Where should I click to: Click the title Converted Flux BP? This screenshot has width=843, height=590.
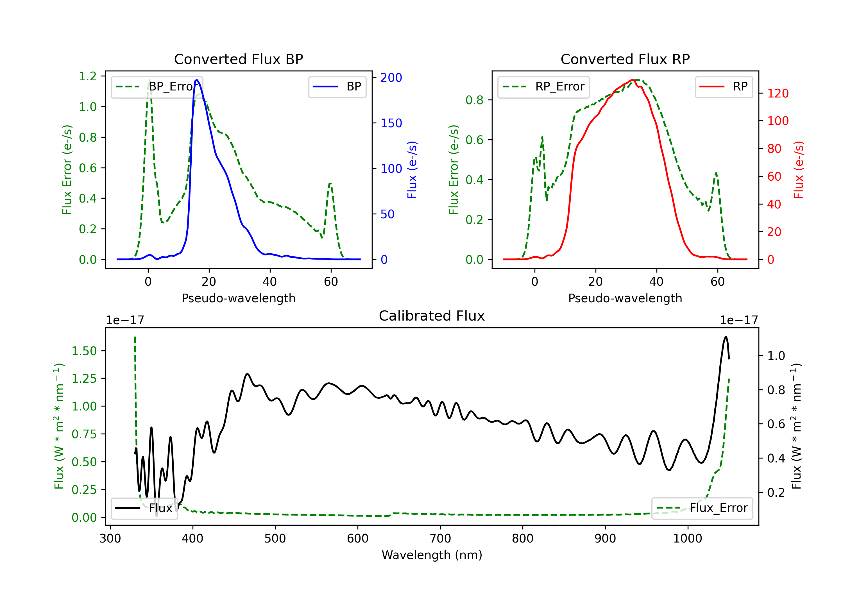238,59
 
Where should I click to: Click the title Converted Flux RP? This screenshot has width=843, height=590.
625,59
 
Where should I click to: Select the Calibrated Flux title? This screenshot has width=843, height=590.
432,316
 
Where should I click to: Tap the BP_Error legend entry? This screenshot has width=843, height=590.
157,87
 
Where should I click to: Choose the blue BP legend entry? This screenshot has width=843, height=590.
337,87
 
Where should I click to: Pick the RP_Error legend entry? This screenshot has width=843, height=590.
543,87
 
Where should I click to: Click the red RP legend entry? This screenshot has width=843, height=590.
724,87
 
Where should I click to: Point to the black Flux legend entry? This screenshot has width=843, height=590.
144,508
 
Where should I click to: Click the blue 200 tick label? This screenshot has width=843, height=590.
391,78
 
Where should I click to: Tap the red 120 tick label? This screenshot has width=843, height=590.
778,93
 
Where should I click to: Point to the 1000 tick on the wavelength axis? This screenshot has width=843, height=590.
687,538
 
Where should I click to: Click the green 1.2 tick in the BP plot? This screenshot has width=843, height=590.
88,76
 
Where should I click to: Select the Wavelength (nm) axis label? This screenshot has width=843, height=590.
432,555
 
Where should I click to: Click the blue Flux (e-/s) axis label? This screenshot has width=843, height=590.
412,170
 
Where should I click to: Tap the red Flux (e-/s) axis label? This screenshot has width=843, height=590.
799,170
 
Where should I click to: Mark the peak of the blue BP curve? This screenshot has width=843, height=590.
197,80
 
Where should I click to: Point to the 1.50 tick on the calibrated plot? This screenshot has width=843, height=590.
84,351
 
